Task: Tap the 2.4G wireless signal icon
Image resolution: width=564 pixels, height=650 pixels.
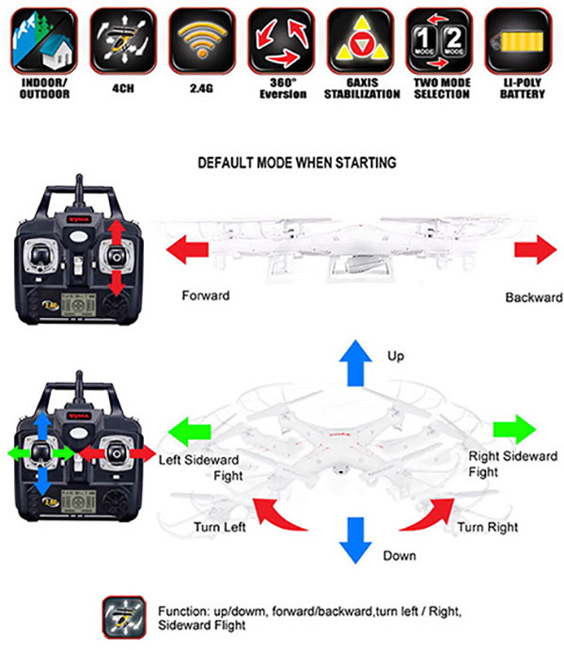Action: pyautogui.click(x=201, y=40)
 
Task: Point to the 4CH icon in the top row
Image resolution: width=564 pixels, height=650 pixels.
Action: pyautogui.click(x=121, y=40)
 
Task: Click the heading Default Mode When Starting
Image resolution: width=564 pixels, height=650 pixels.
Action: pyautogui.click(x=296, y=163)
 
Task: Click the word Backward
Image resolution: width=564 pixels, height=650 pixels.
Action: pyautogui.click(x=533, y=297)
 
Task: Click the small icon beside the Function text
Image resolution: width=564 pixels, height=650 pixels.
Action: pyautogui.click(x=123, y=614)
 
